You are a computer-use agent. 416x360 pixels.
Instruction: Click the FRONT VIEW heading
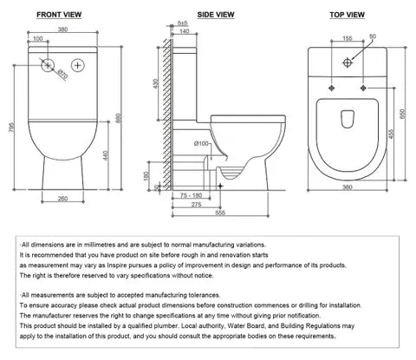point(61,14)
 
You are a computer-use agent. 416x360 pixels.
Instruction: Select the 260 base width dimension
point(61,199)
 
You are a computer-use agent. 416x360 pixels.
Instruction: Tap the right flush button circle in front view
point(79,63)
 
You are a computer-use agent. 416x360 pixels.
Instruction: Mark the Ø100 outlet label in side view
point(201,142)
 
